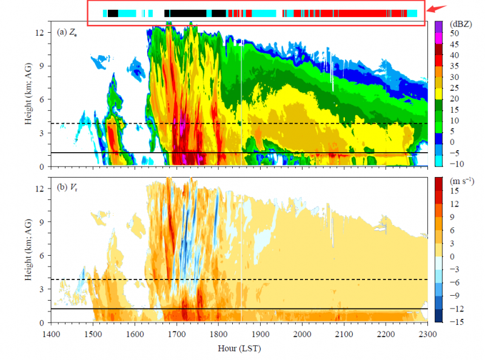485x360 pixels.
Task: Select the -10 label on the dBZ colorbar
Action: tap(458, 165)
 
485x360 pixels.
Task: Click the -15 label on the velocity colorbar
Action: tap(458, 321)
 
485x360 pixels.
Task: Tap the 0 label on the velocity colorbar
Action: tap(453, 255)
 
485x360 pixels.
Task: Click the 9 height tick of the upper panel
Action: tap(41, 65)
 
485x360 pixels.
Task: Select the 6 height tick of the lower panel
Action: tap(41, 256)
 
